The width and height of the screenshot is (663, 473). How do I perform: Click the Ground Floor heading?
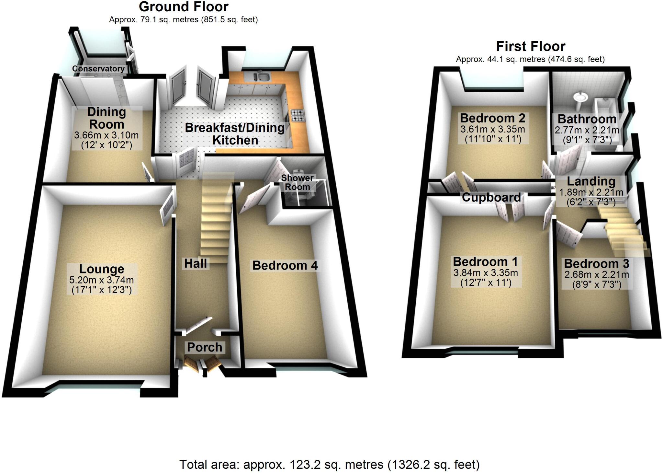(184, 7)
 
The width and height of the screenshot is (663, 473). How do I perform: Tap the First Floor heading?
(531, 47)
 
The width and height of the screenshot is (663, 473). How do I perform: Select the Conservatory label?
(98, 69)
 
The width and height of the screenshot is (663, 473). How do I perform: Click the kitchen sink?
(262, 77)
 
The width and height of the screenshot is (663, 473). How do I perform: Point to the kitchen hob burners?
(298, 115)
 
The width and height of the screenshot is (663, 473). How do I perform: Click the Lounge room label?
(102, 269)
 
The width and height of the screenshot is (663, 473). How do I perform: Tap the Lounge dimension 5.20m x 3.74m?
(102, 280)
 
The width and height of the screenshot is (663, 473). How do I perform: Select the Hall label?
(196, 264)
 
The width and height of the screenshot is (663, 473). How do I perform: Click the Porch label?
(205, 347)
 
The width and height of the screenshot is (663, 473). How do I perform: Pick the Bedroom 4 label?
(285, 266)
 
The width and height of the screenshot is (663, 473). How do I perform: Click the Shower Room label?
(297, 182)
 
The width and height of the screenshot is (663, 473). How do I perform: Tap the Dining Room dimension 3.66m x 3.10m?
(106, 135)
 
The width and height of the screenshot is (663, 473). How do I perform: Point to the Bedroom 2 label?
(492, 118)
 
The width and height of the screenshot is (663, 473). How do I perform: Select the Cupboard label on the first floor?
(491, 197)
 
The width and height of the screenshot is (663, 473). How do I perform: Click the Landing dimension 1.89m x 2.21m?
(591, 192)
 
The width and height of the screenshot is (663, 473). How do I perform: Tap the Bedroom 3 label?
(597, 264)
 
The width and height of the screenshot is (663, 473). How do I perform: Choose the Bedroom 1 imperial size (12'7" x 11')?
(486, 283)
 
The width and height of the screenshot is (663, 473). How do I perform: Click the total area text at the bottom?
(329, 465)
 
